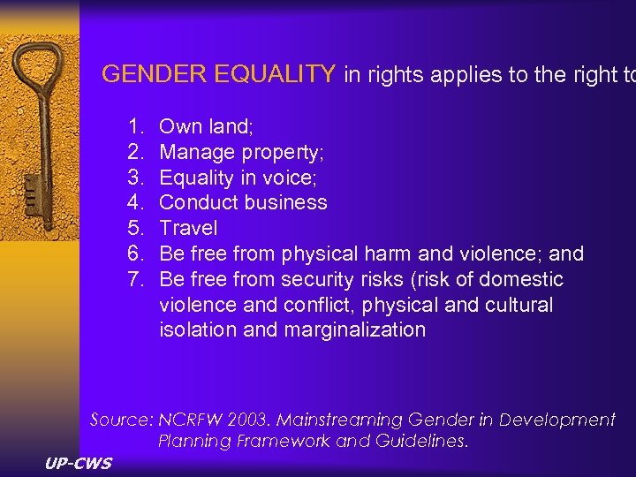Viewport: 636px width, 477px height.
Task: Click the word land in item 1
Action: (232, 127)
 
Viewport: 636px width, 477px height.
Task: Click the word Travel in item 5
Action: (188, 229)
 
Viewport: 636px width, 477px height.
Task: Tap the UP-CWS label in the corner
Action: (78, 463)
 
